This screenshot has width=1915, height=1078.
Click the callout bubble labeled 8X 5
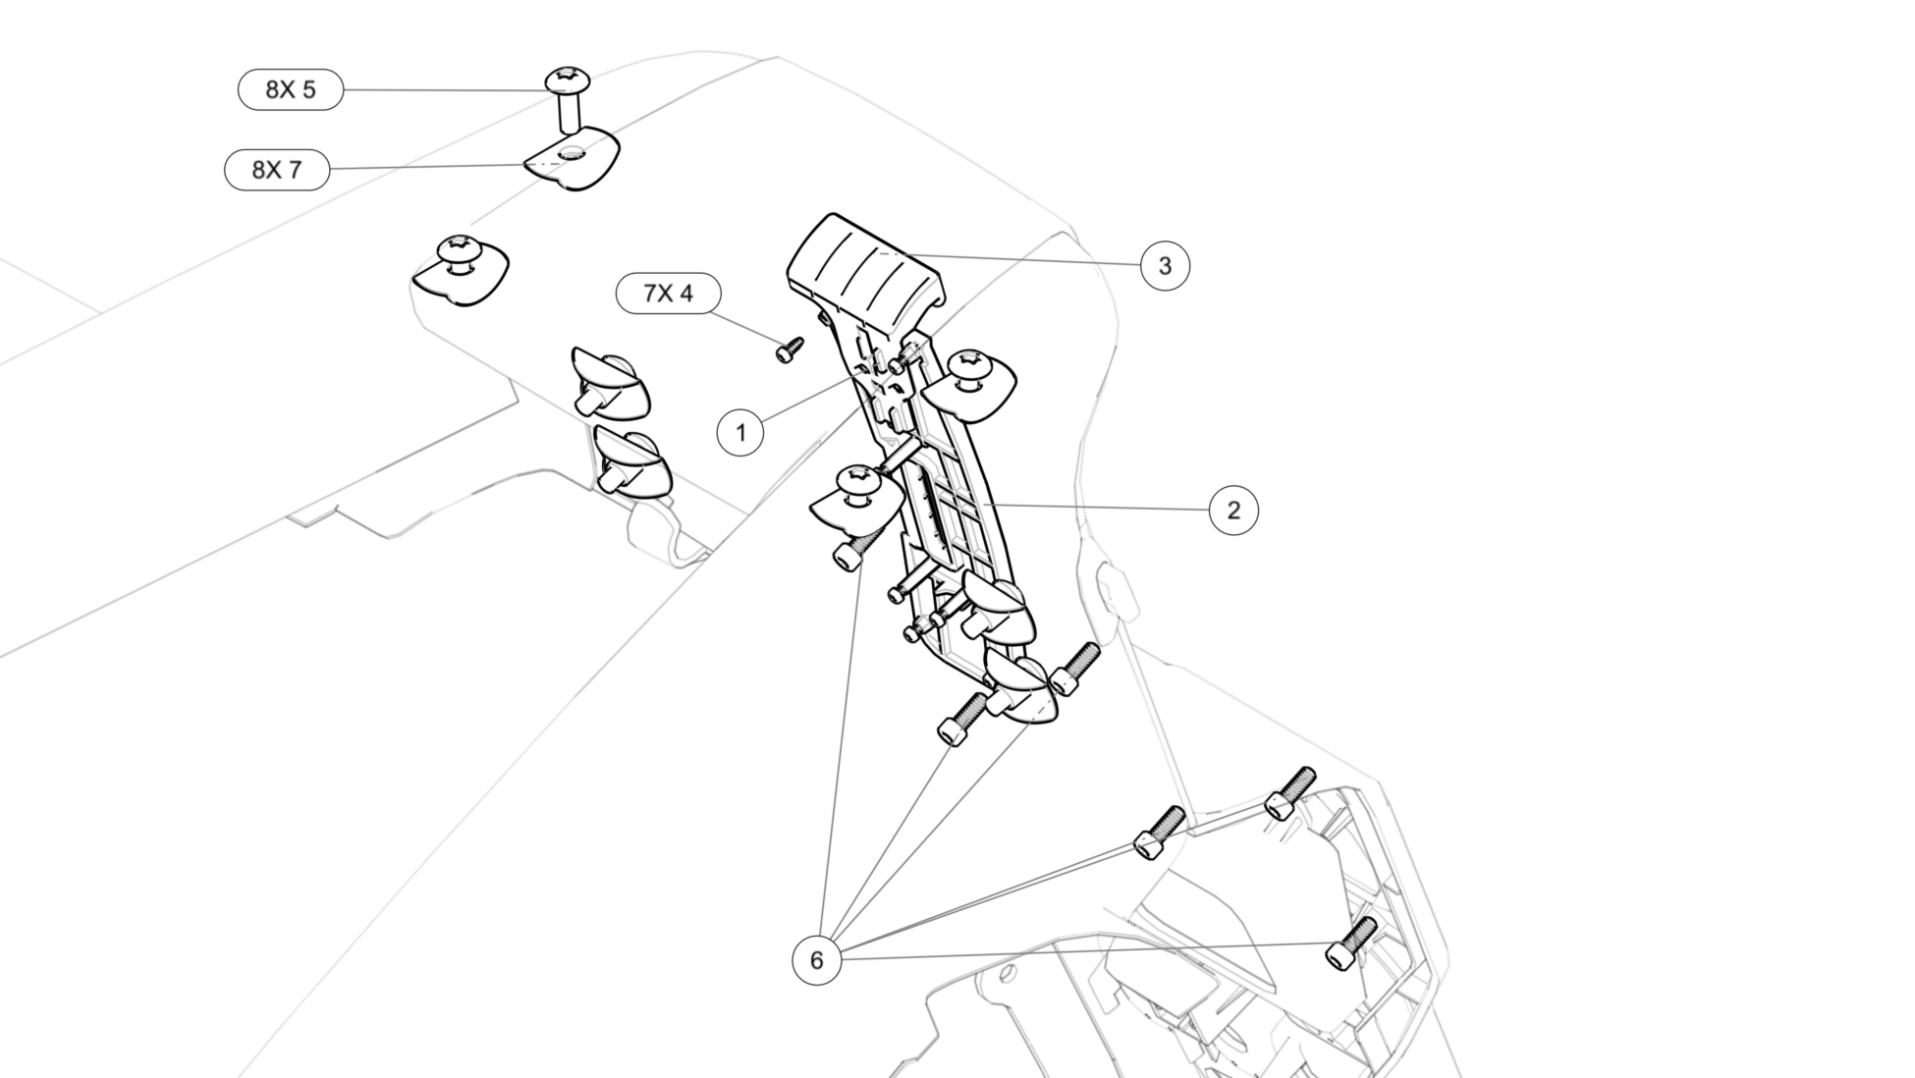click(x=291, y=90)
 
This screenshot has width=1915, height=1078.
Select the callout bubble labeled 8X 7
click(x=277, y=170)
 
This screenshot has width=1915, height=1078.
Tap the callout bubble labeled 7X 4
click(x=668, y=294)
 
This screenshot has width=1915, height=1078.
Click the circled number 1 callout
click(x=740, y=433)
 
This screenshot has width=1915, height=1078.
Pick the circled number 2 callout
click(x=1233, y=511)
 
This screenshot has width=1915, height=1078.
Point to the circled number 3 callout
click(x=1165, y=266)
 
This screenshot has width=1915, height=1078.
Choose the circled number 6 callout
click(x=816, y=960)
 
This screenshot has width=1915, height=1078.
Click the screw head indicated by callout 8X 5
click(x=567, y=78)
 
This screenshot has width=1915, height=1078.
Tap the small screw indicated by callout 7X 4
click(x=790, y=349)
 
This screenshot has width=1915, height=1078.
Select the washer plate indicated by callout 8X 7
click(x=573, y=160)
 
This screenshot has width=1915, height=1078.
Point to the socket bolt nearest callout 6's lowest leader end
click(x=1350, y=943)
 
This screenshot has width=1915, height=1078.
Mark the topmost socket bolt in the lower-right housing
click(x=1289, y=792)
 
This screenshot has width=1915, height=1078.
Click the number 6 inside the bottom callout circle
click(x=816, y=960)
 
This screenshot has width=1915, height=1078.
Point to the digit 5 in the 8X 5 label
click(x=308, y=90)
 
